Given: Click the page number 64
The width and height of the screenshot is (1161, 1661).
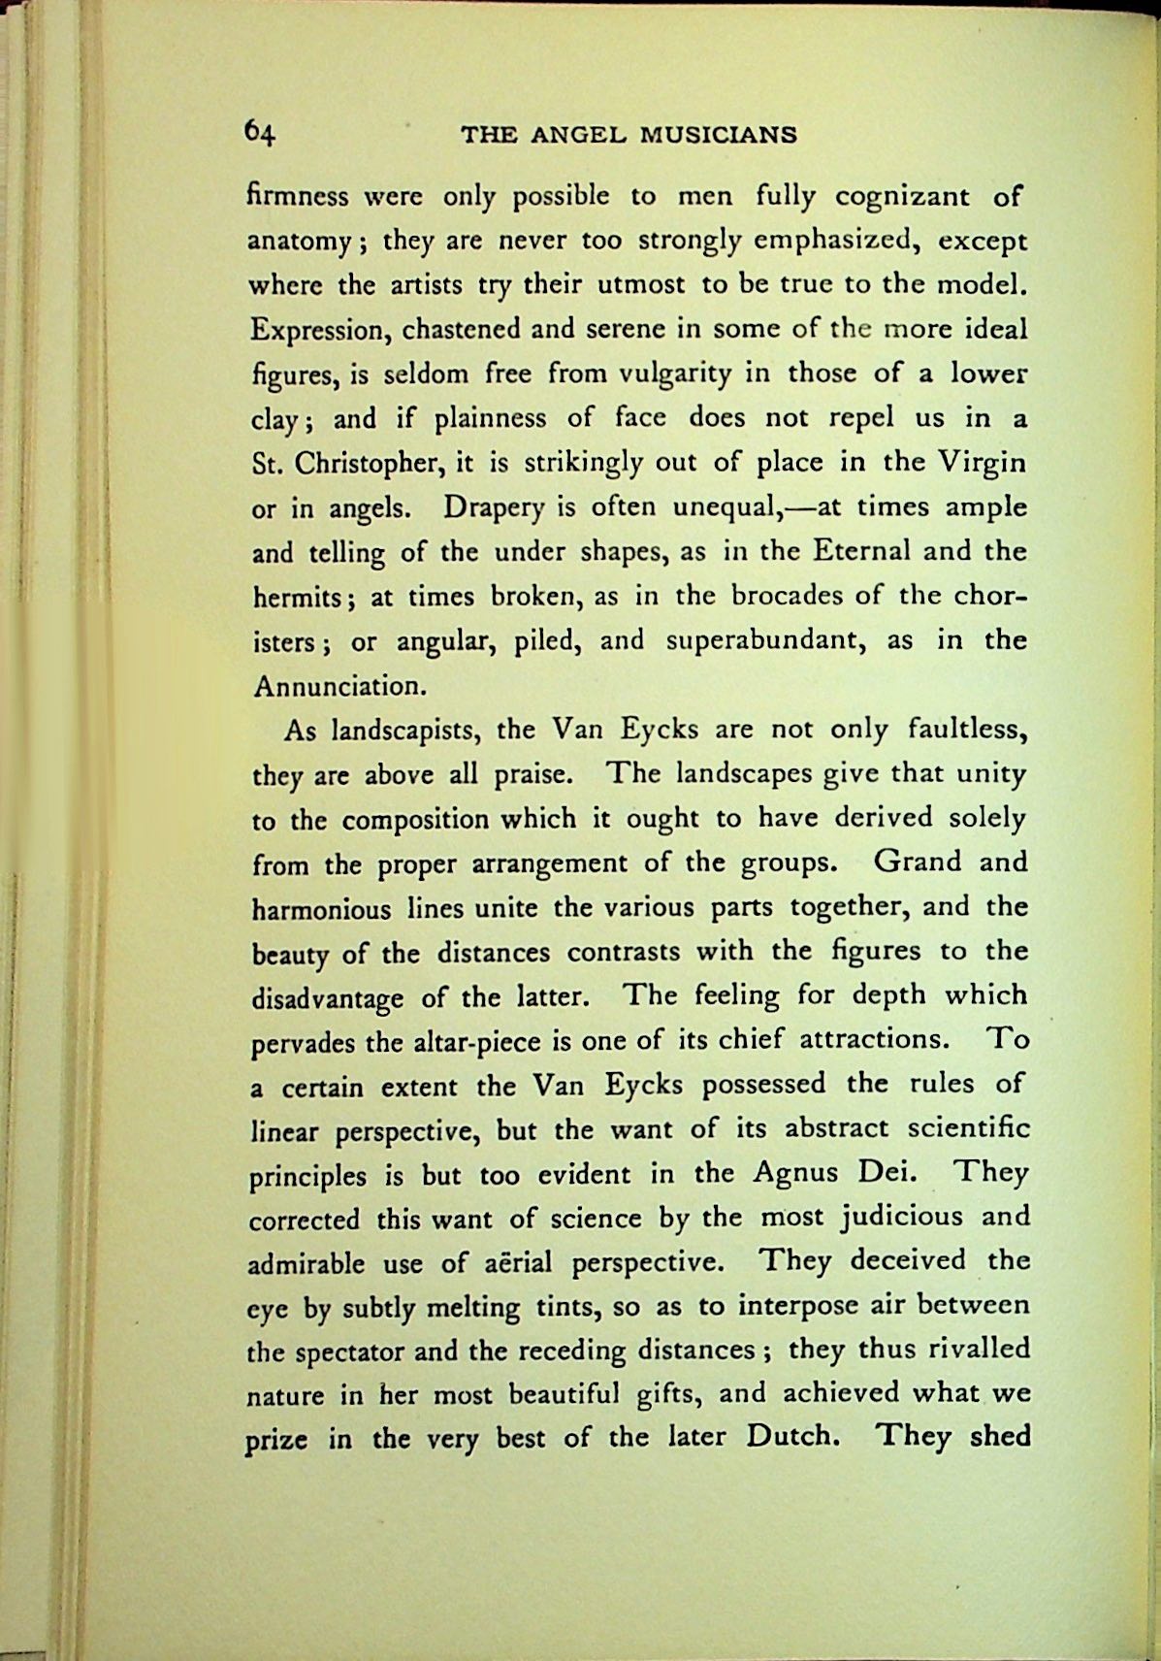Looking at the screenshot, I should click(261, 132).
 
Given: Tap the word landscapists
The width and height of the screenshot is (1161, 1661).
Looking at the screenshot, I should click(403, 732).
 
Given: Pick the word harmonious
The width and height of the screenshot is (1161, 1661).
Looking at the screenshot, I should click(321, 909).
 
